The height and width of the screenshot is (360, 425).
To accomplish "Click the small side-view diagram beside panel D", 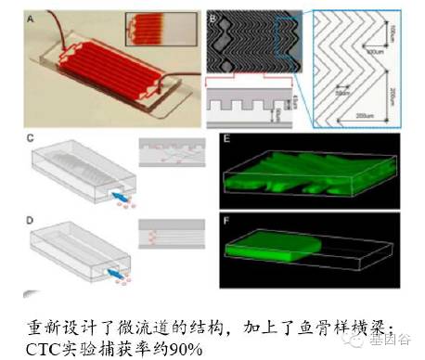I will [166, 232].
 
